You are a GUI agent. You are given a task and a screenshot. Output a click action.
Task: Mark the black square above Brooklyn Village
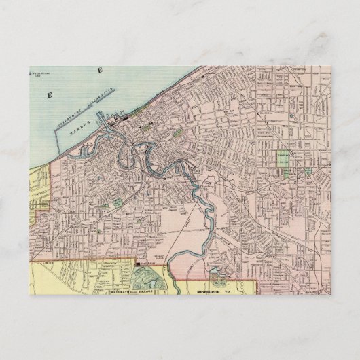137,263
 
